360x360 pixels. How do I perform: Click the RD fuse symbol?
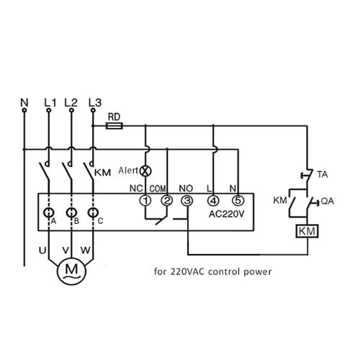(114, 126)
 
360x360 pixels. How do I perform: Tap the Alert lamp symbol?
(145, 171)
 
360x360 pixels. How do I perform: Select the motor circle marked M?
(71, 271)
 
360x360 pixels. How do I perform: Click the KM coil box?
(307, 231)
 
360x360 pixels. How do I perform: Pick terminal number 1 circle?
(145, 200)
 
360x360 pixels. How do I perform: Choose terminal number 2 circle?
(167, 200)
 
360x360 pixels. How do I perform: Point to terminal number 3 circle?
(187, 200)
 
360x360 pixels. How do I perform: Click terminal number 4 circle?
(213, 200)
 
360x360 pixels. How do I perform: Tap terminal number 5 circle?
(238, 200)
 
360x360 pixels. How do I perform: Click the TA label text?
(323, 174)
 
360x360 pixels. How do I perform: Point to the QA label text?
(328, 201)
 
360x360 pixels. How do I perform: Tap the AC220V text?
(227, 214)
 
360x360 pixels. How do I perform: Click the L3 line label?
(95, 102)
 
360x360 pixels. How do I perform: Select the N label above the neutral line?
(24, 102)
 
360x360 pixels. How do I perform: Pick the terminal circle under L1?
(49, 110)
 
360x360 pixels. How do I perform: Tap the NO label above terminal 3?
(186, 189)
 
